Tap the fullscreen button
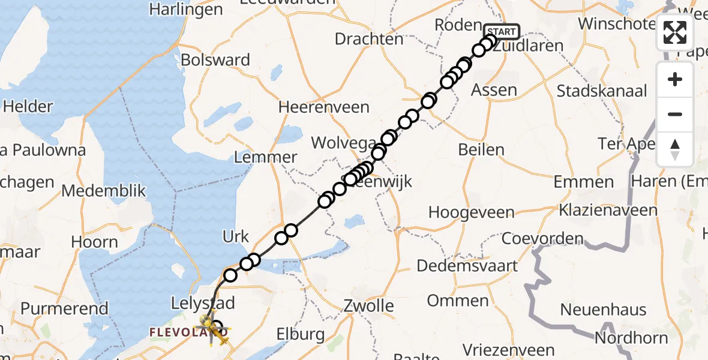[675, 32]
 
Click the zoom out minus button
[675, 114]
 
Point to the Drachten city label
[369, 40]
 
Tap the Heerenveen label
[323, 107]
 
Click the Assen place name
[494, 90]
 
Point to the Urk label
[235, 237]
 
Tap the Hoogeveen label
[471, 212]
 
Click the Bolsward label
[215, 61]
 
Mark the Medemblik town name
[104, 191]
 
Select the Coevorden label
[542, 239]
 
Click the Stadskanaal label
[602, 91]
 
